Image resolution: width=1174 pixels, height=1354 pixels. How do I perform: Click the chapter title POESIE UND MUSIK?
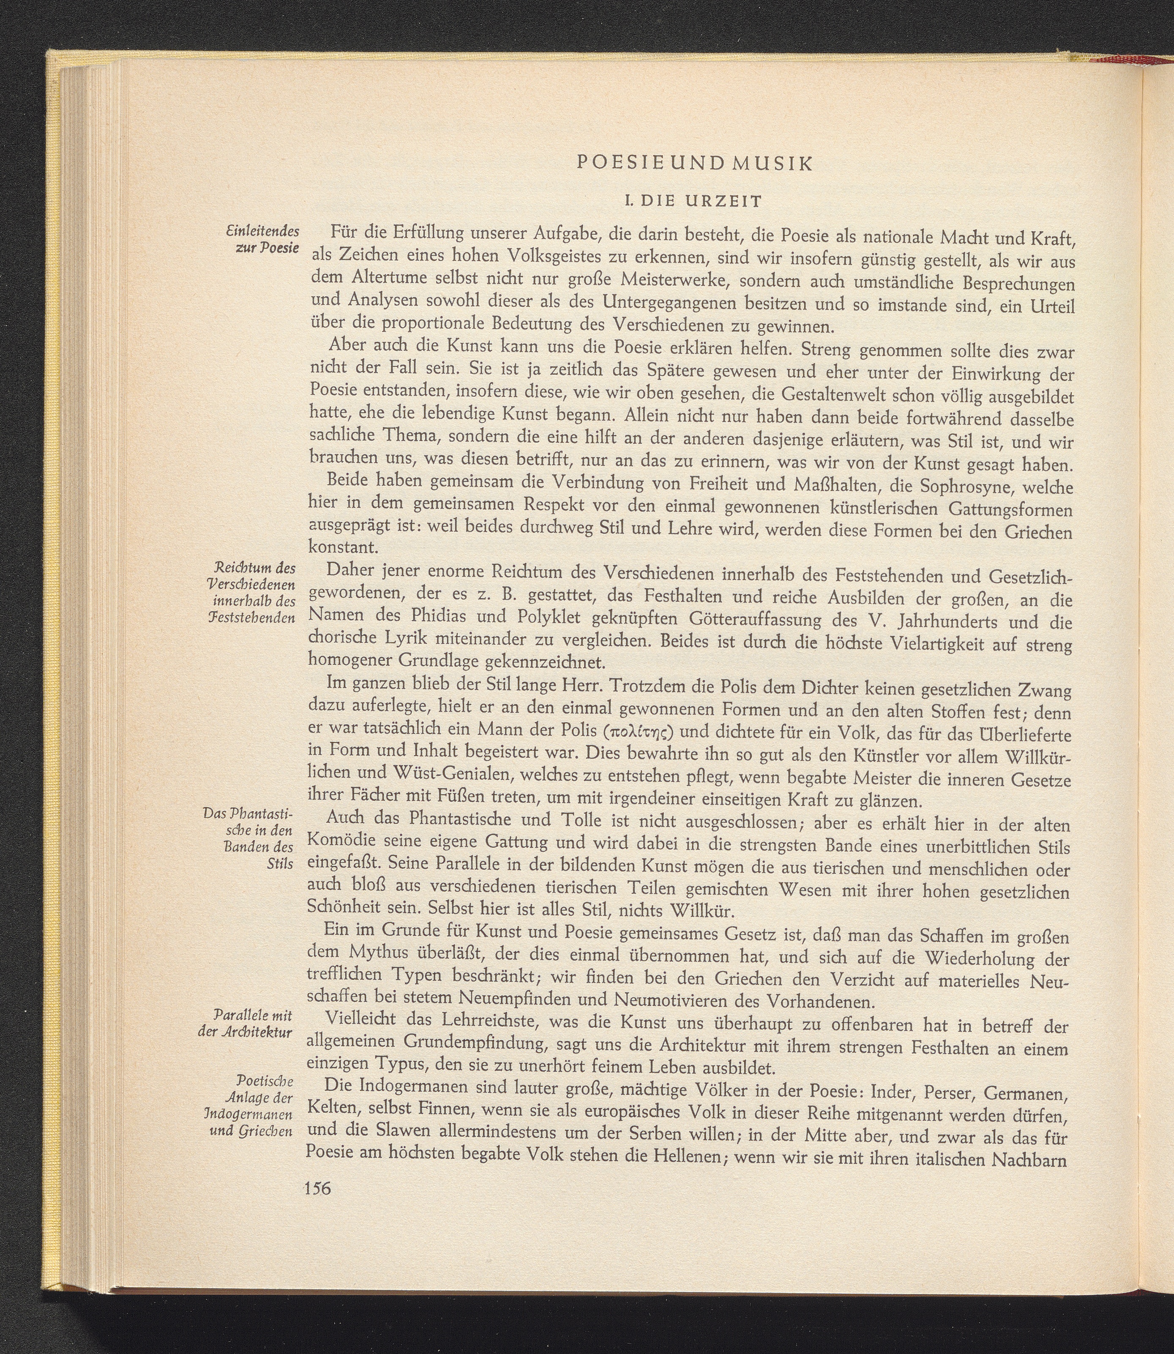coord(695,164)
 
